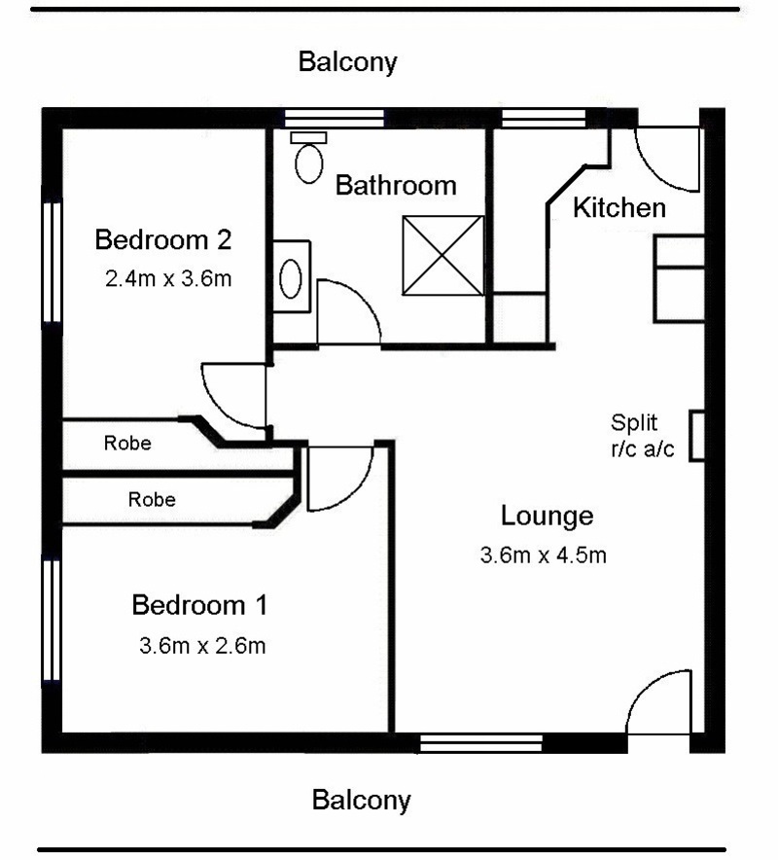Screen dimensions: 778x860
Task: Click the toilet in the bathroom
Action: [x=308, y=157]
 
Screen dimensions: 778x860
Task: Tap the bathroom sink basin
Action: [x=291, y=278]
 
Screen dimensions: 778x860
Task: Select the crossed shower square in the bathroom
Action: [x=443, y=256]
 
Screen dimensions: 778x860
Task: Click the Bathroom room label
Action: [x=396, y=186]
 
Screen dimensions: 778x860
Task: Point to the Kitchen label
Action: [x=619, y=208]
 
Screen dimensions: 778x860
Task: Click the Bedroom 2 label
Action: [x=163, y=239]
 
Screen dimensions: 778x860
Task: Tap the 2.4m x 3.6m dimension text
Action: [x=168, y=278]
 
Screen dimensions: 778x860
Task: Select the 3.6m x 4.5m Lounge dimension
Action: [x=544, y=555]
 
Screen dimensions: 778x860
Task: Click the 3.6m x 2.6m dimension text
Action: [x=202, y=646]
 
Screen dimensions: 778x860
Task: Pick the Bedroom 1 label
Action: [x=199, y=605]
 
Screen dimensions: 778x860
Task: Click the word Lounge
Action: [x=548, y=517]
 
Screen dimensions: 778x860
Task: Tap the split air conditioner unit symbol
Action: [x=697, y=436]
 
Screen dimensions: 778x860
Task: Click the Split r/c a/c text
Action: [x=643, y=436]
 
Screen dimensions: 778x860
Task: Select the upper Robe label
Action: [x=127, y=444]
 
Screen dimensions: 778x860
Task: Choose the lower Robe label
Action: [x=152, y=500]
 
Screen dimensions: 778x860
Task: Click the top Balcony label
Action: [x=347, y=62]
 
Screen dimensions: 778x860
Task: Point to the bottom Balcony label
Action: [x=362, y=801]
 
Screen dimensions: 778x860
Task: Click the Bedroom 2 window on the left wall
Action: [x=53, y=262]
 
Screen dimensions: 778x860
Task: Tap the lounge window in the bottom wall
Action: [x=480, y=743]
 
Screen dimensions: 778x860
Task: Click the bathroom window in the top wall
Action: [x=335, y=118]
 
